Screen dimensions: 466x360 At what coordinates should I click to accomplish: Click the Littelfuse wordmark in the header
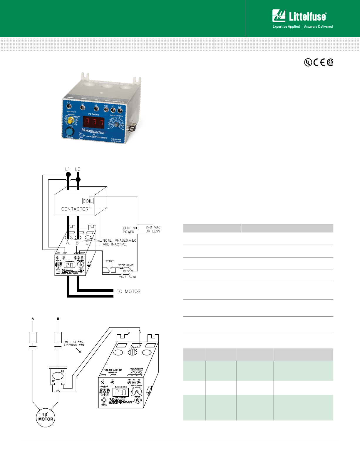pyautogui.click(x=307, y=16)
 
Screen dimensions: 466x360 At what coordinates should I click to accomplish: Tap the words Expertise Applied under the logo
pyautogui.click(x=286, y=26)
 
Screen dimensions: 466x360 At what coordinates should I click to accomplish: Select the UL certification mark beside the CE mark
pyautogui.click(x=308, y=62)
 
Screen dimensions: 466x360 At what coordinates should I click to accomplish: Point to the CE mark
pyautogui.click(x=319, y=62)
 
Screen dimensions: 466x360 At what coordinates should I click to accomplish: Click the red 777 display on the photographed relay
pyautogui.click(x=93, y=122)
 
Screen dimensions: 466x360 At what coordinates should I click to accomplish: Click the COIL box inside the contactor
pyautogui.click(x=88, y=201)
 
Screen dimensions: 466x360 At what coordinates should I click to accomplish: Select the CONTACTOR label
pyautogui.click(x=75, y=209)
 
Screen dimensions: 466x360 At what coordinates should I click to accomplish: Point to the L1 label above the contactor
pyautogui.click(x=68, y=169)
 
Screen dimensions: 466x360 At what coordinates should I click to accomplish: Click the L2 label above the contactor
pyautogui.click(x=78, y=169)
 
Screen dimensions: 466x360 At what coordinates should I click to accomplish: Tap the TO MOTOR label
pyautogui.click(x=128, y=291)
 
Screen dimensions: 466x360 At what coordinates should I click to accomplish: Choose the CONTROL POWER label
pyautogui.click(x=130, y=230)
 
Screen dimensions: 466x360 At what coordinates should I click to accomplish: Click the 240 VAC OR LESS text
pyautogui.click(x=153, y=229)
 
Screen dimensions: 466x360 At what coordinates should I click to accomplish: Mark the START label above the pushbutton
pyautogui.click(x=110, y=261)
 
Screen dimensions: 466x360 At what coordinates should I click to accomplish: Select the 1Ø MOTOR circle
pyautogui.click(x=46, y=417)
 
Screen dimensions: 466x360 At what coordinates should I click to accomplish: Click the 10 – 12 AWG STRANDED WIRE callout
pyautogui.click(x=74, y=343)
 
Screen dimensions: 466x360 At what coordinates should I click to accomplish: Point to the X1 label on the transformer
pyautogui.click(x=54, y=381)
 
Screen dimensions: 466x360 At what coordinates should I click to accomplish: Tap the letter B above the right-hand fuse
pyautogui.click(x=58, y=319)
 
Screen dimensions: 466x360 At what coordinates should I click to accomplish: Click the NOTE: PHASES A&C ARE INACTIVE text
pyautogui.click(x=119, y=242)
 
